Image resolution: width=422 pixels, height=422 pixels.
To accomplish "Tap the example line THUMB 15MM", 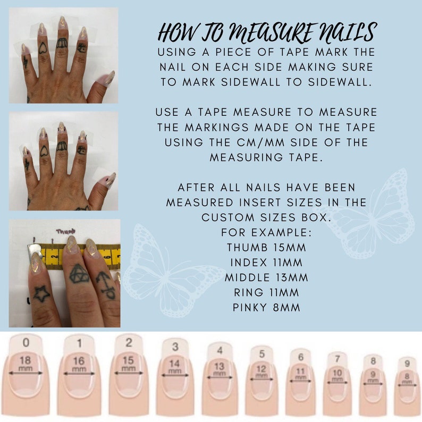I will [266, 247].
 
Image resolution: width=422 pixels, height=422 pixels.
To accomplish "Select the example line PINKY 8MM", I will [266, 307].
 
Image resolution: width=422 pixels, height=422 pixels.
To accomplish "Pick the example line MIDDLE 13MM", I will [266, 277].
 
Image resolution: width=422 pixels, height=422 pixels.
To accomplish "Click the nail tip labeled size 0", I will [26, 372].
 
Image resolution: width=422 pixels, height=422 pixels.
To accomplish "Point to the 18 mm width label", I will [26, 364].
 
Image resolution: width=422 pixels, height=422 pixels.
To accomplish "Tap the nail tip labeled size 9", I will [407, 379].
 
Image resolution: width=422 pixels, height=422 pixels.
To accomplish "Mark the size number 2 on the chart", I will [129, 343].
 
